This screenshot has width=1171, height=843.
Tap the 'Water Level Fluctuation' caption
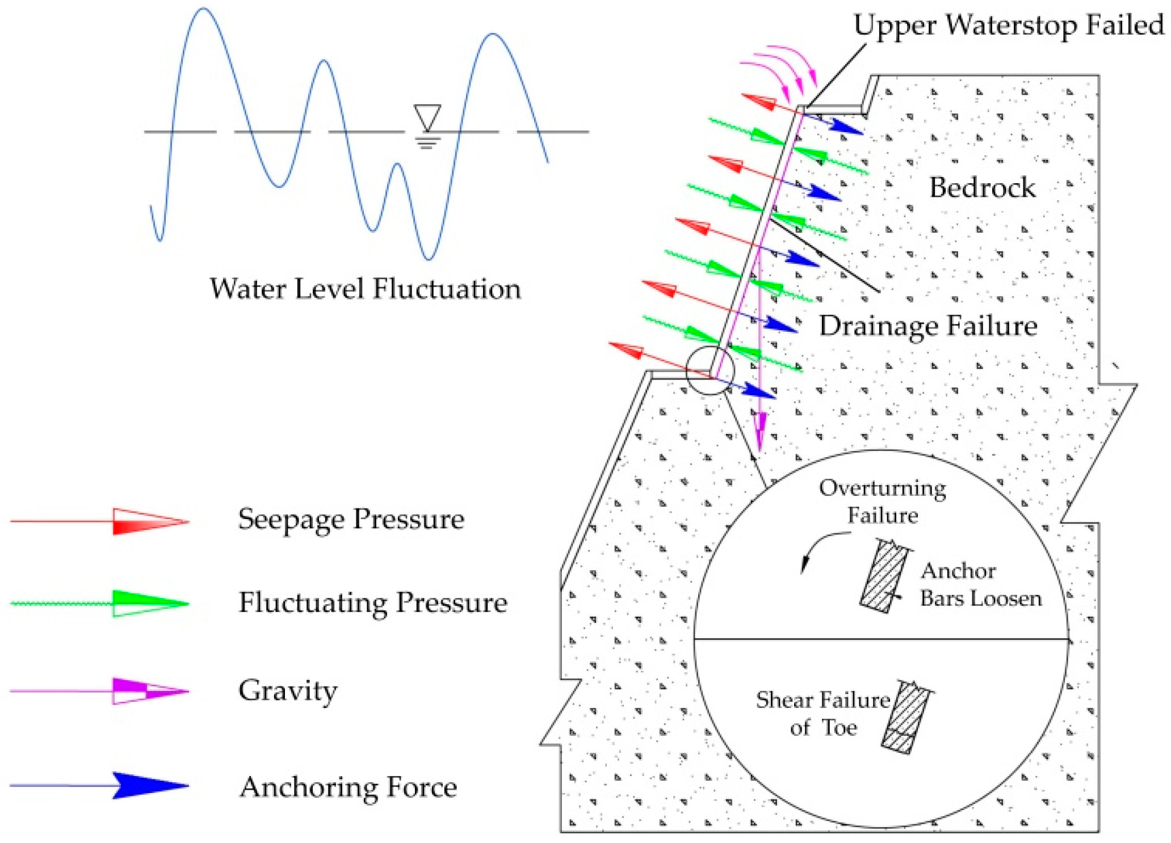[x=365, y=289]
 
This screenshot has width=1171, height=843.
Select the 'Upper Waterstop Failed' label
[x=1009, y=26]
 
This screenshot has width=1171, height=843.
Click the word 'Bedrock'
[x=981, y=187]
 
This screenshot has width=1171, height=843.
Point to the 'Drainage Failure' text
[x=927, y=326]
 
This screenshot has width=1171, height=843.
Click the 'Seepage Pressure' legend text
[x=351, y=519]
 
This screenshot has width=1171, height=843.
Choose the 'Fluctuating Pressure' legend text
[x=372, y=602]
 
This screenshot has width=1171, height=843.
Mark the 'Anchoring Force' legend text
[x=348, y=787]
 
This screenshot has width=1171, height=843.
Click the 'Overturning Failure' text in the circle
[x=882, y=501]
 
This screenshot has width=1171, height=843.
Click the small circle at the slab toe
[x=710, y=370]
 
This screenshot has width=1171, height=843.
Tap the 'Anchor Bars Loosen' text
[x=980, y=584]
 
